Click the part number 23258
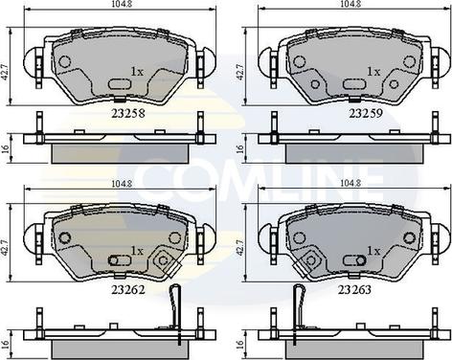point(128,113)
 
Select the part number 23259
point(366,113)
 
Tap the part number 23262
point(128,290)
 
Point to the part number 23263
point(354,290)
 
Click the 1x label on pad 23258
point(137,72)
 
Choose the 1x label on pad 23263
point(373,251)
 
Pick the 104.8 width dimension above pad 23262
point(120,184)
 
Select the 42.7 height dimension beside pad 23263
point(240,246)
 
